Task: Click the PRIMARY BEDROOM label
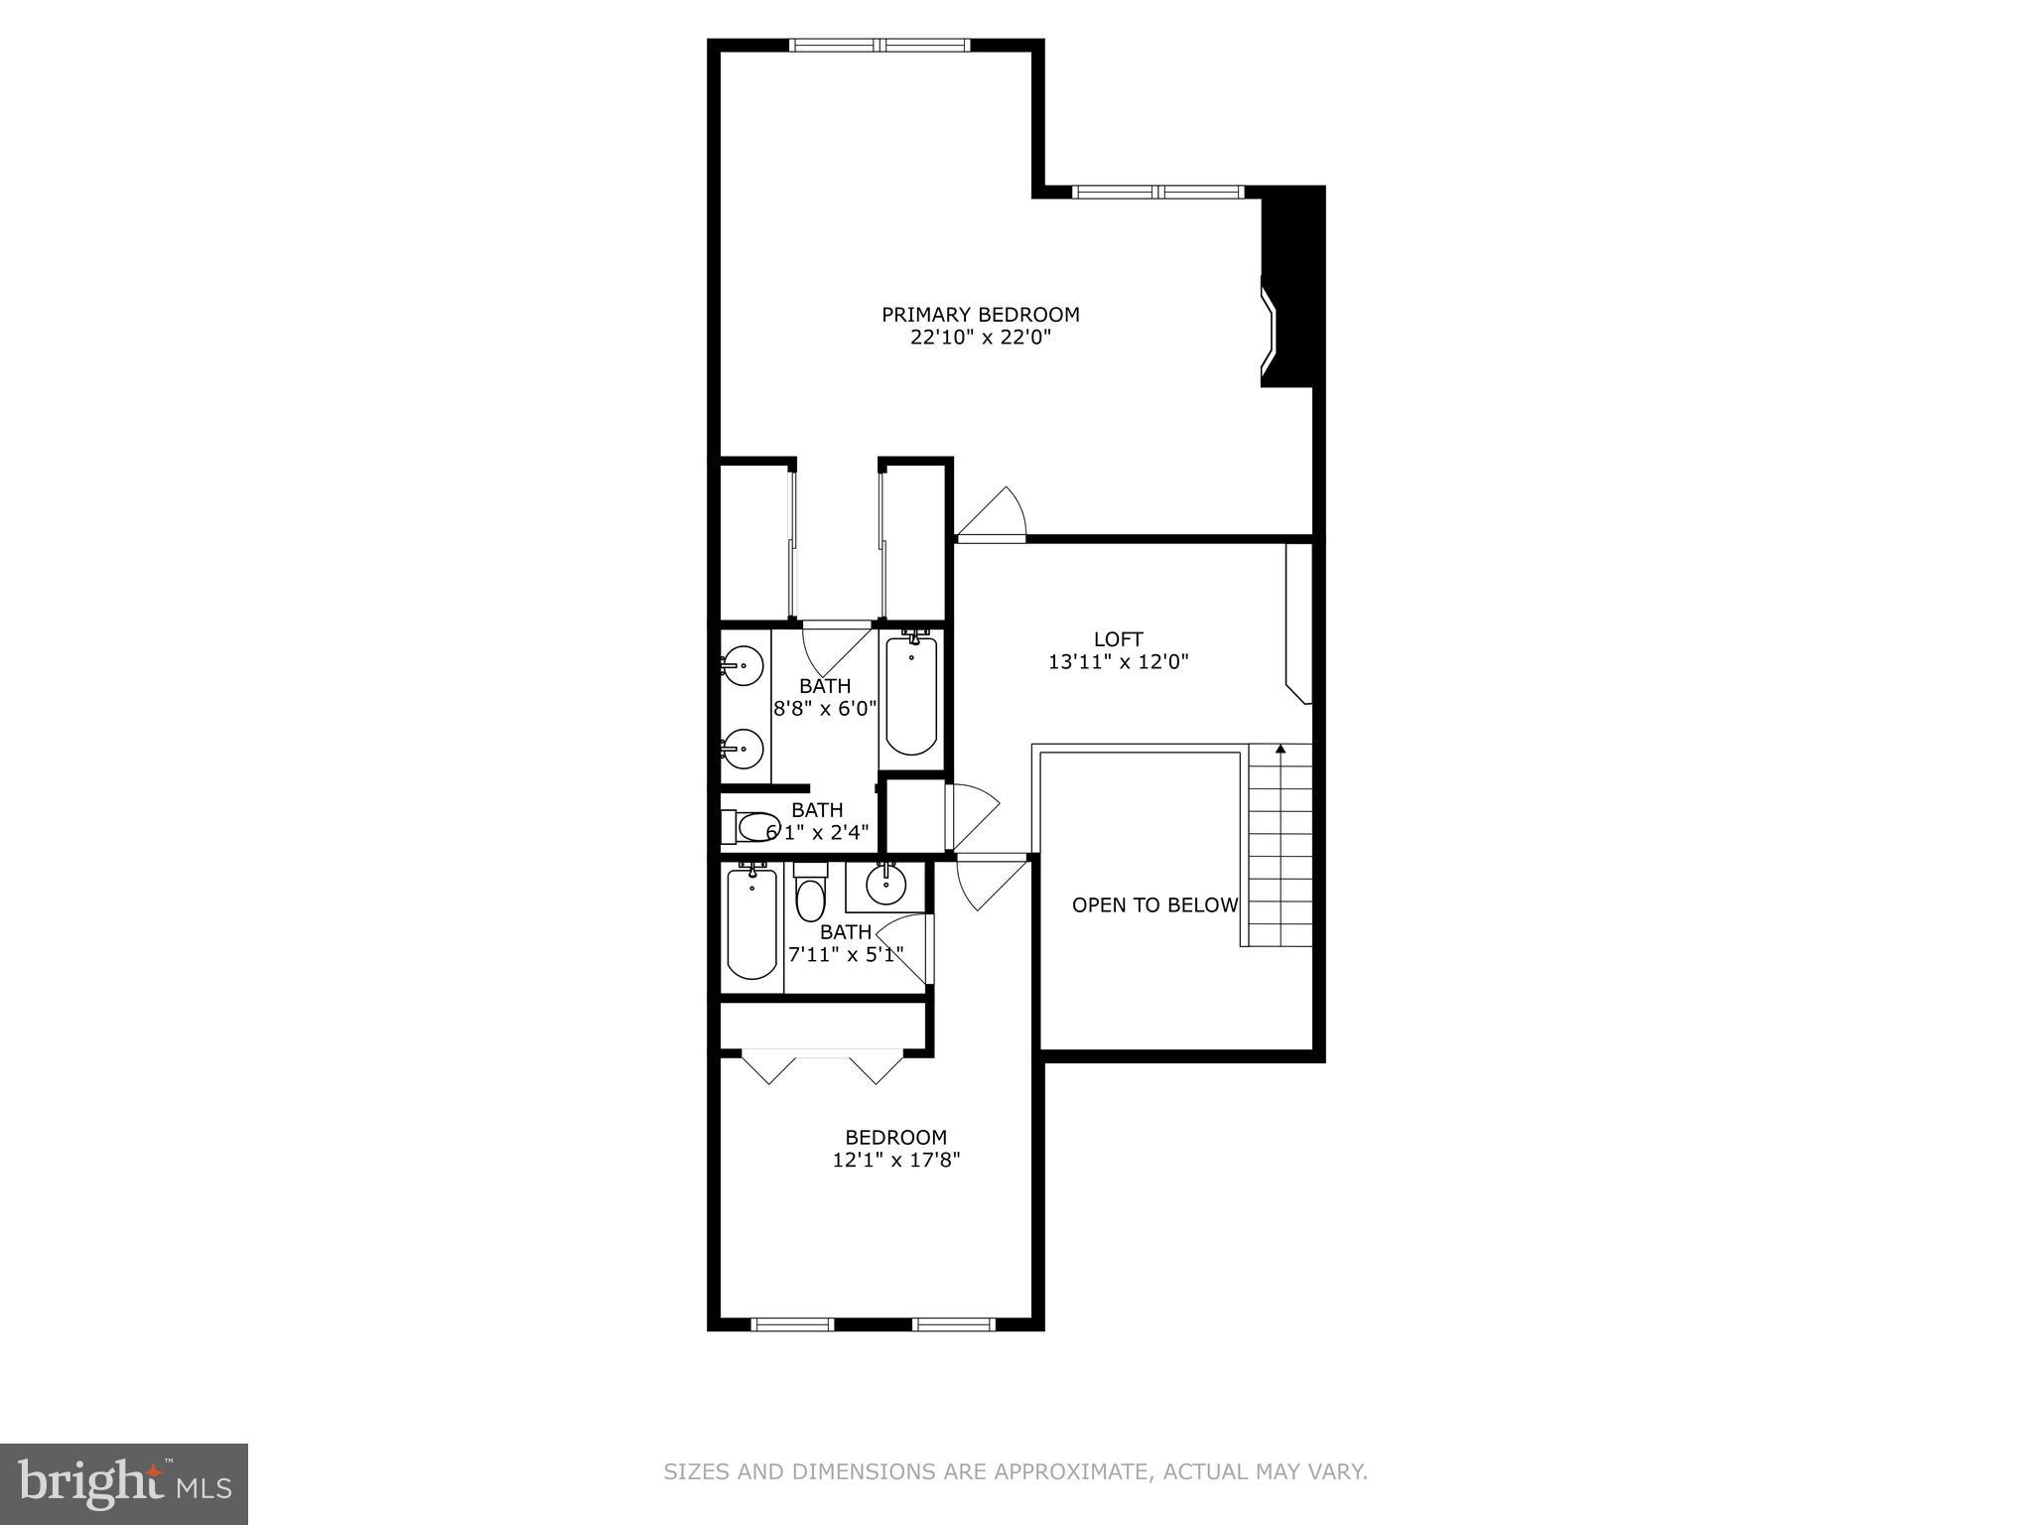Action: (980, 315)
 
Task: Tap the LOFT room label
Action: (1118, 639)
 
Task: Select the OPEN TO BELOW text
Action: (1154, 905)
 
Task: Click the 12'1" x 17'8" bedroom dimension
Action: (896, 1159)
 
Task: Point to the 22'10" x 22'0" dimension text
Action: (980, 338)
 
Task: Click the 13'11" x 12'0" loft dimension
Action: (1118, 662)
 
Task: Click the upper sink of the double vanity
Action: (743, 664)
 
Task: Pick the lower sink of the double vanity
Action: (743, 748)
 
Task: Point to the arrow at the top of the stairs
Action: (1281, 750)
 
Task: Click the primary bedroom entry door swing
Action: (993, 516)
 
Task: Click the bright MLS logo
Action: (124, 1483)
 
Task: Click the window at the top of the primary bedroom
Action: (878, 45)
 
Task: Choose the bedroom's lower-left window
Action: (792, 1323)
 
